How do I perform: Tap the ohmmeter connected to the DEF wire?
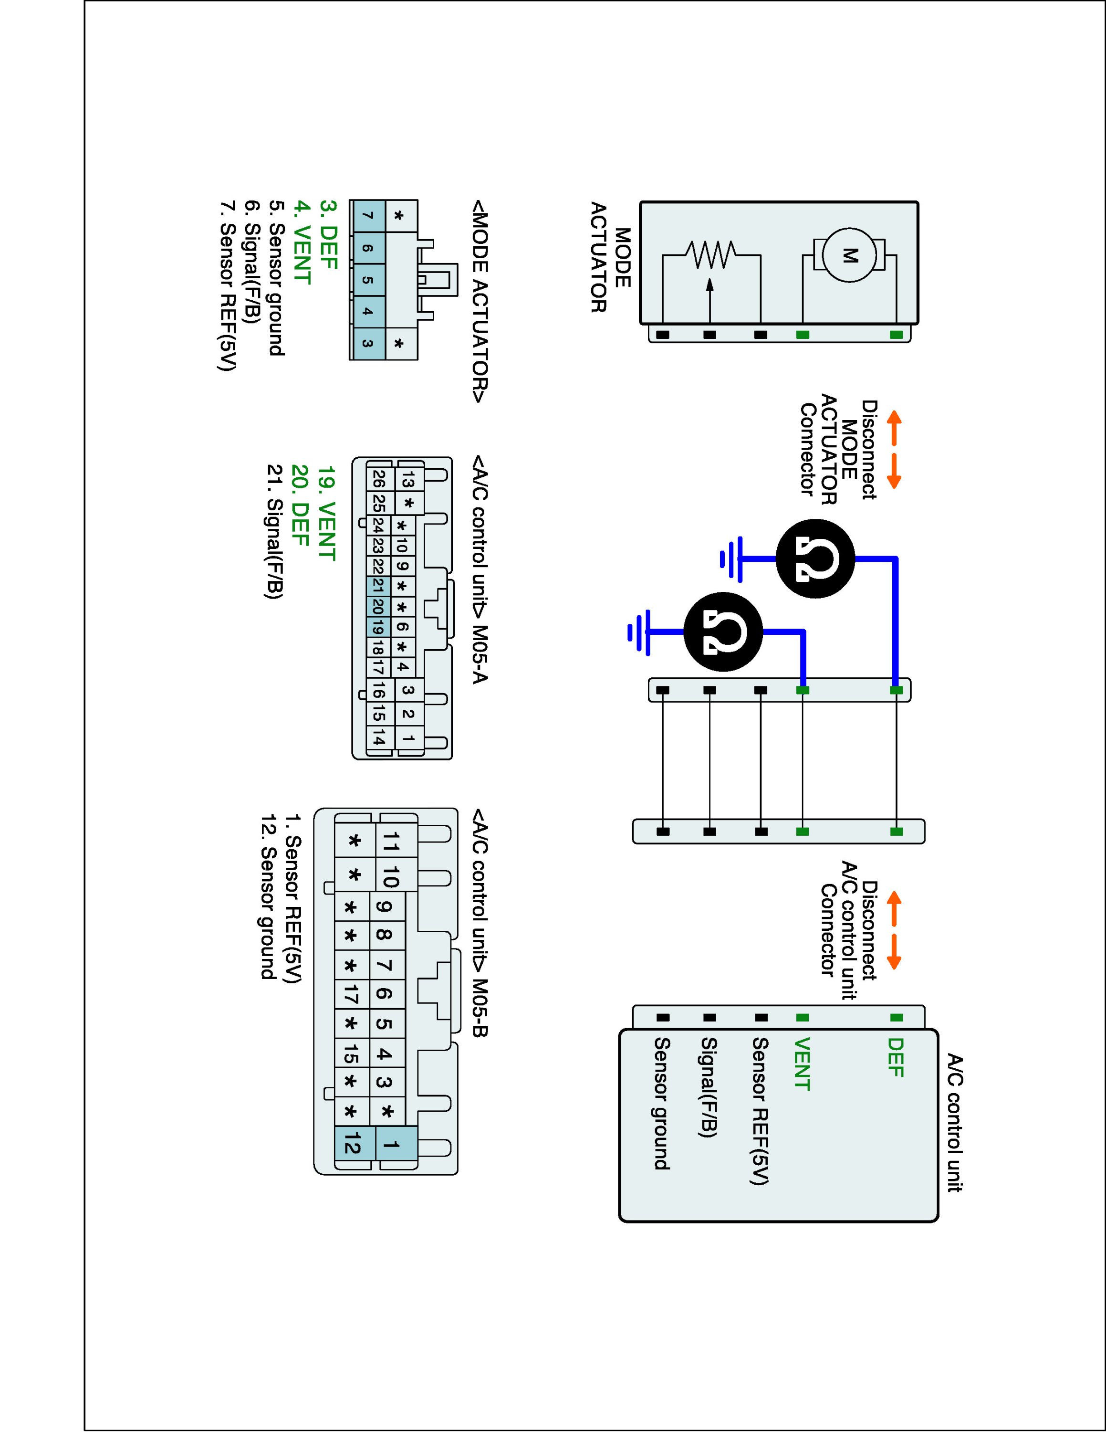tap(815, 559)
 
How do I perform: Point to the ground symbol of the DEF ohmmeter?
tap(732, 559)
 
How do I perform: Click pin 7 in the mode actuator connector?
tap(367, 216)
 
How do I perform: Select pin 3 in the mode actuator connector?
tap(367, 343)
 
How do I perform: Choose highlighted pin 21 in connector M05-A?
tap(377, 586)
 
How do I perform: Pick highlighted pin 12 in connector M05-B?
tap(353, 1147)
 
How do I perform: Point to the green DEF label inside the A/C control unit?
tap(895, 1058)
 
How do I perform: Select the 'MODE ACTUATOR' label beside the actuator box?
tap(611, 256)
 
